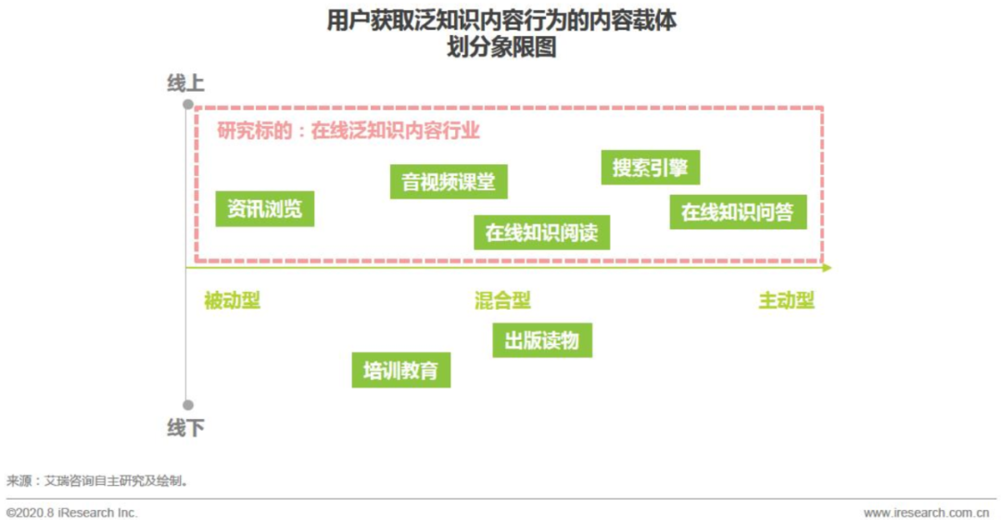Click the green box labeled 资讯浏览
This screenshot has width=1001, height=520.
[x=265, y=209]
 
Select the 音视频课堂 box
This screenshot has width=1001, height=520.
[x=449, y=182]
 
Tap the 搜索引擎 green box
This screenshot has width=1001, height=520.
[x=651, y=168]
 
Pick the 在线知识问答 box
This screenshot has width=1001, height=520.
[x=738, y=212]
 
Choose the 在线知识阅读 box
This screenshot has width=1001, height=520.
[x=542, y=233]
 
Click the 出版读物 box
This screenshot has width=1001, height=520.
[x=542, y=340]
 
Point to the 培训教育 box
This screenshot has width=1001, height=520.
[x=401, y=370]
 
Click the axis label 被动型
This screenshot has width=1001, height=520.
[x=233, y=300]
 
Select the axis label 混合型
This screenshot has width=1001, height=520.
[x=503, y=300]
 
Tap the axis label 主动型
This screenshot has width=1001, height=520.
[x=787, y=300]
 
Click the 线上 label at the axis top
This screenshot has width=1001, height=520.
[x=185, y=83]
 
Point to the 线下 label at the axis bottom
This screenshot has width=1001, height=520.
[x=185, y=427]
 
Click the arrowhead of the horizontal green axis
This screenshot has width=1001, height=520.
[x=828, y=268]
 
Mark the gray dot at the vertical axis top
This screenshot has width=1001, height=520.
[x=187, y=104]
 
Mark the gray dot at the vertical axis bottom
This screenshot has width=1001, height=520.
[x=187, y=405]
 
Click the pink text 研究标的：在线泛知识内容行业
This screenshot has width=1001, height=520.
[x=348, y=131]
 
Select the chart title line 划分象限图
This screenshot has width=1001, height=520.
[x=501, y=47]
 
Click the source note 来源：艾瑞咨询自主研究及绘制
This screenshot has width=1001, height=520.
[x=97, y=481]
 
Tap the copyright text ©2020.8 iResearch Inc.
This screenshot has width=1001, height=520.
[x=72, y=513]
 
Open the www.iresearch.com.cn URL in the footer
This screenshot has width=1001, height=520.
[x=926, y=513]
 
